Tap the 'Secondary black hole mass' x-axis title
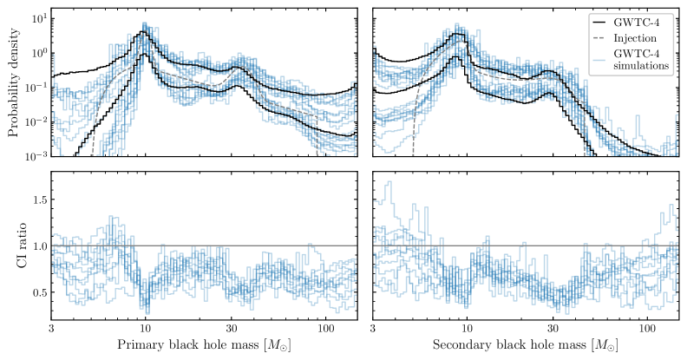tap(526, 346)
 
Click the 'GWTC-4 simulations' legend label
tap(640, 61)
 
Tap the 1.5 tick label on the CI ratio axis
tap(36, 200)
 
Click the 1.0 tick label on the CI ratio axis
tap(36, 246)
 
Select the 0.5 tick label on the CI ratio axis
tap(36, 293)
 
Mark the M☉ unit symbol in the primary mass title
tap(278, 347)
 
